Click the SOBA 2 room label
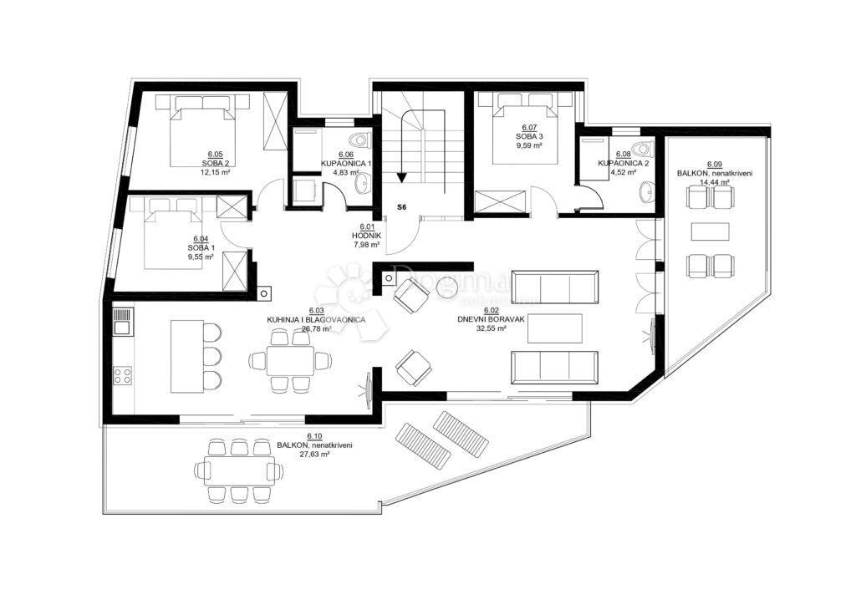pos(214,163)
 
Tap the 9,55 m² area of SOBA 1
pos(201,257)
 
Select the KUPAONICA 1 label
pos(346,163)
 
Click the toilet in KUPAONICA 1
pos(360,140)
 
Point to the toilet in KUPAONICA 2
pos(642,150)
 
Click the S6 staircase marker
pos(401,206)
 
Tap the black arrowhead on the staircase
pos(402,176)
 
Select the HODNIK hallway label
pos(367,235)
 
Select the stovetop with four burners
pos(122,374)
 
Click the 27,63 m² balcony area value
pos(314,454)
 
